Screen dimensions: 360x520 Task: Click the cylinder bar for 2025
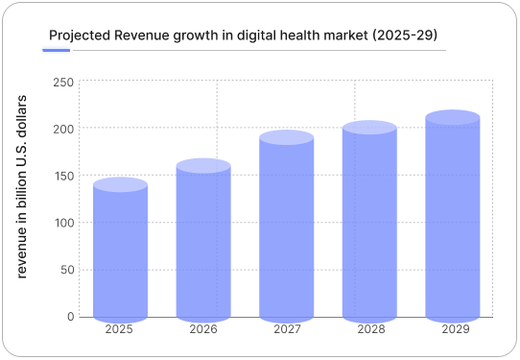(120, 252)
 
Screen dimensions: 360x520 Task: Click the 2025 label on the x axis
(120, 330)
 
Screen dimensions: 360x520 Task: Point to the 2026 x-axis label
(203, 330)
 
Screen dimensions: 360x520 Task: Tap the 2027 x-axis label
(286, 330)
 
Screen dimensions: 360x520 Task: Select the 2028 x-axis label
(369, 330)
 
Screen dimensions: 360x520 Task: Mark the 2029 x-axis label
(453, 330)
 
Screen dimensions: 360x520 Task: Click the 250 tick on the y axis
(63, 83)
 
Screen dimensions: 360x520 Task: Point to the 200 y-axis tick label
(63, 129)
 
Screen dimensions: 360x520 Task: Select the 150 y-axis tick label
(63, 176)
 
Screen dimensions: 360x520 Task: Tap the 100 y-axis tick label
(63, 223)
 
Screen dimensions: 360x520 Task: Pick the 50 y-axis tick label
(66, 270)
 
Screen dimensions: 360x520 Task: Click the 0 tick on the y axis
(70, 316)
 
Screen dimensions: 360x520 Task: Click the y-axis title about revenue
(23, 186)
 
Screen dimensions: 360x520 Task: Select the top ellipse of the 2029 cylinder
(453, 118)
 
